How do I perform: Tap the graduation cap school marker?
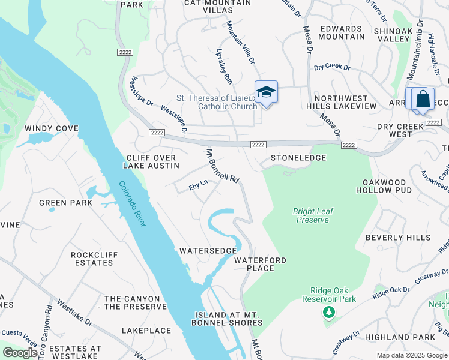tap(266, 92)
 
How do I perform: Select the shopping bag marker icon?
tap(423, 99)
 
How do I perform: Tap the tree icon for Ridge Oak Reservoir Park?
tap(328, 312)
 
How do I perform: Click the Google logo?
tap(20, 353)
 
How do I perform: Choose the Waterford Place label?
tap(260, 264)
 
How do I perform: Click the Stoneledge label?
tap(298, 158)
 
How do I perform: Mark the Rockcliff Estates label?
tap(94, 259)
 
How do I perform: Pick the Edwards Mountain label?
tap(342, 32)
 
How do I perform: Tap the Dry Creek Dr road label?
tap(332, 67)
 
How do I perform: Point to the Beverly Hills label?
tap(398, 238)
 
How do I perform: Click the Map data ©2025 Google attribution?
tap(412, 355)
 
